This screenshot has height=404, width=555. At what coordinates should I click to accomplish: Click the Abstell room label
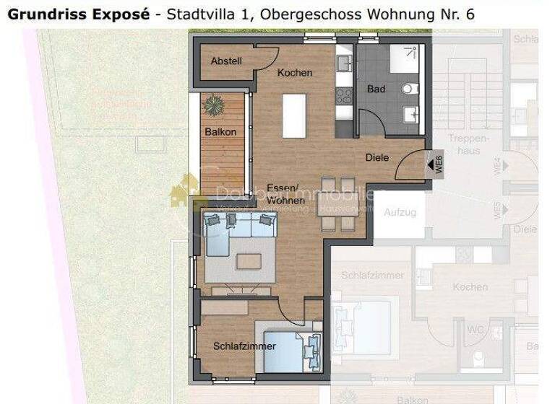click(226, 61)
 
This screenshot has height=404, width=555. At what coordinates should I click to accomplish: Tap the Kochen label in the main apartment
click(295, 73)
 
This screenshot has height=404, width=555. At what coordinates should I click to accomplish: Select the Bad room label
click(376, 89)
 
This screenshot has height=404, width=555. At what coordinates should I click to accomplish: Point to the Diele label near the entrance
click(377, 157)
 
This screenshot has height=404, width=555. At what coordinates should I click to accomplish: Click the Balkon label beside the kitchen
click(220, 132)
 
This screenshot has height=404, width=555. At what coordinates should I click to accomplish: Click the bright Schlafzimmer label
click(244, 346)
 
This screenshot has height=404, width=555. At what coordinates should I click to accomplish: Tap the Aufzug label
click(400, 212)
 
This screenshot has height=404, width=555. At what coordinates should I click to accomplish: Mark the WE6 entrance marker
click(436, 164)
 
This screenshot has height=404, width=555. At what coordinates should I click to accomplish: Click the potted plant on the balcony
click(214, 105)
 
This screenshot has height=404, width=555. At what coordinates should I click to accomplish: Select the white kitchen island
click(293, 115)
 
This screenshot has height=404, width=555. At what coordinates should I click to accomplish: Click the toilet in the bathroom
click(410, 89)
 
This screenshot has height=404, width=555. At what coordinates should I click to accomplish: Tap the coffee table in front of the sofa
click(251, 260)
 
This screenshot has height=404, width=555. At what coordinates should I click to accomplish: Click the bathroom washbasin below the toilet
click(411, 114)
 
